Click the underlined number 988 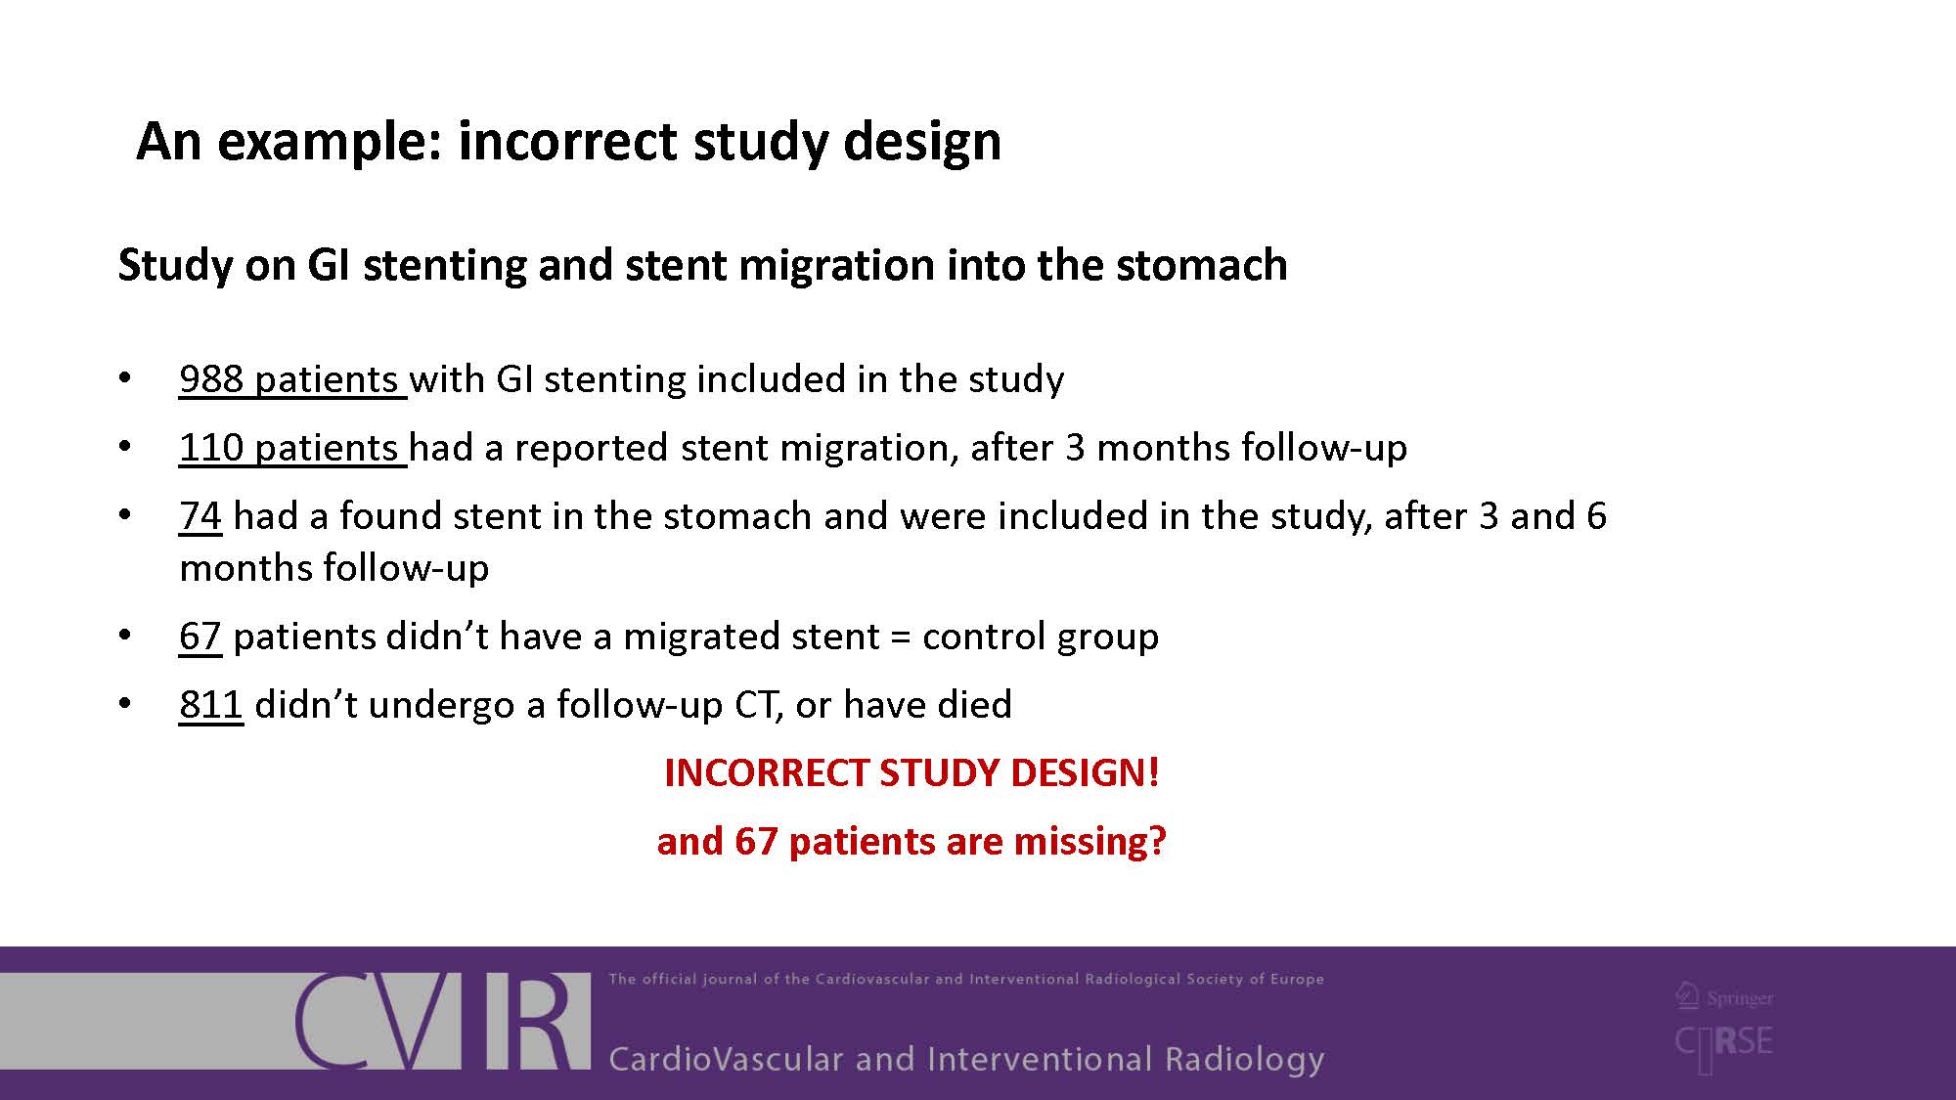click(211, 379)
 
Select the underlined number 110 click(211, 448)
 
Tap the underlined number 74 click(200, 516)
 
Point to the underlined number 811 click(210, 705)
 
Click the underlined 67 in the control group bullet click(200, 637)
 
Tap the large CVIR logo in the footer click(442, 1021)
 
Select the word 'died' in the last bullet click(974, 705)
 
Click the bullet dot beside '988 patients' click(124, 378)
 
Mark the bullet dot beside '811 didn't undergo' click(124, 704)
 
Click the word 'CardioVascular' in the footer click(726, 1059)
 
